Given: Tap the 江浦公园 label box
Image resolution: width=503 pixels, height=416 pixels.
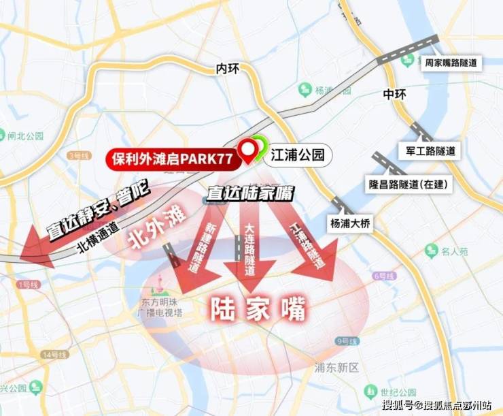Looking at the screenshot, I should [300, 156].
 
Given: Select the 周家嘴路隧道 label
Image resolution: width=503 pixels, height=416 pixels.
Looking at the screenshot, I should [449, 63].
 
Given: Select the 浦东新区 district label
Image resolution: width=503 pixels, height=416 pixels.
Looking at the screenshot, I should [336, 368].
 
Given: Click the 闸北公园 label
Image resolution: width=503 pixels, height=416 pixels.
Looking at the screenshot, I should [25, 134].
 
